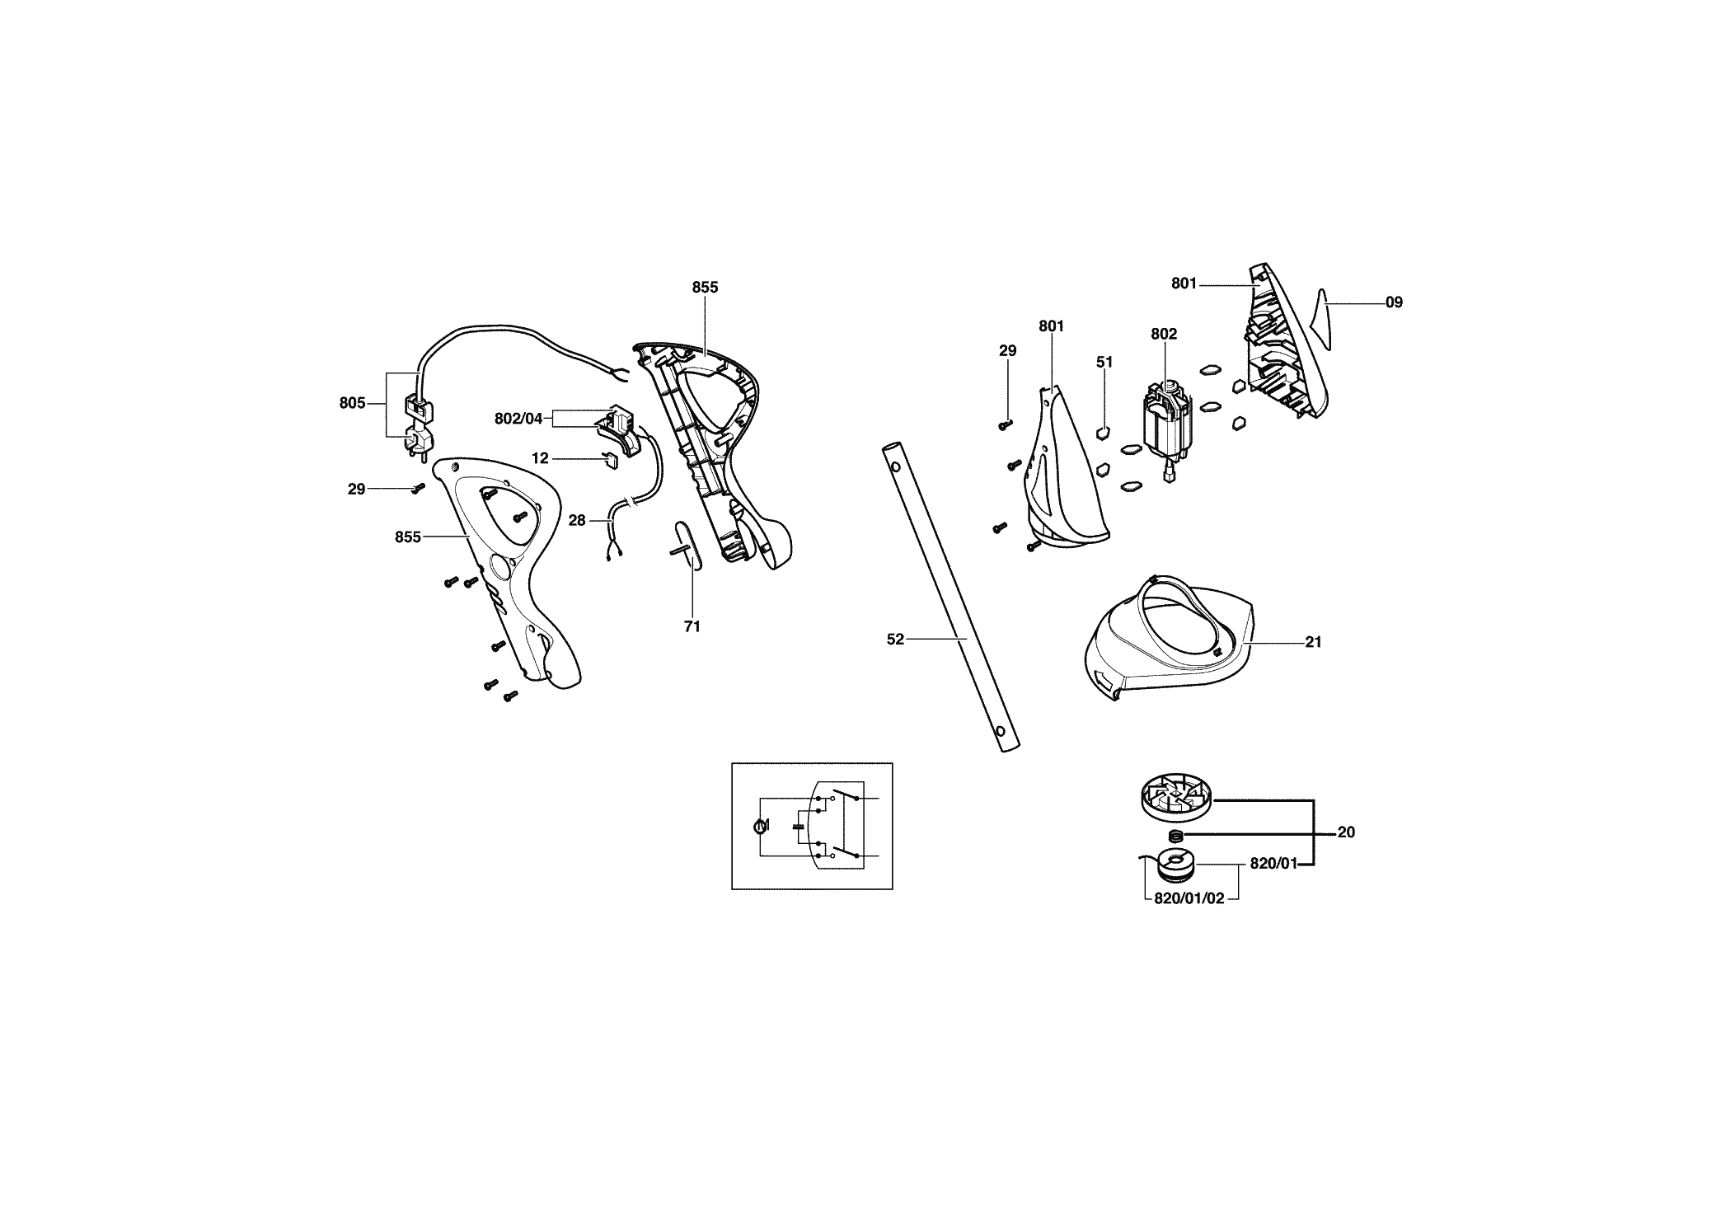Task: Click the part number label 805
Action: coord(352,403)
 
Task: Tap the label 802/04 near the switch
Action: coord(518,419)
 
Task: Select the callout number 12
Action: coord(540,458)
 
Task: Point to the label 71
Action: coord(692,626)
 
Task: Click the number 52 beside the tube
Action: coord(895,639)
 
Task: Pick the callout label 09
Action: coord(1394,302)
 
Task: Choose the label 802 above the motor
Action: coord(1164,334)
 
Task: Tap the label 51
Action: coord(1104,362)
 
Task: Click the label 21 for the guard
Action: coord(1314,641)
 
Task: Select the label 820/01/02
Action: coord(1189,898)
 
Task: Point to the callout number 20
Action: coord(1346,832)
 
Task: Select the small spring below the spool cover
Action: coord(1176,837)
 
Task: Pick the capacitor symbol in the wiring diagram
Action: coord(799,825)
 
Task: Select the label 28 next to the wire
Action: coord(577,521)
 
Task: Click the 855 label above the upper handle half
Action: coord(705,288)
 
